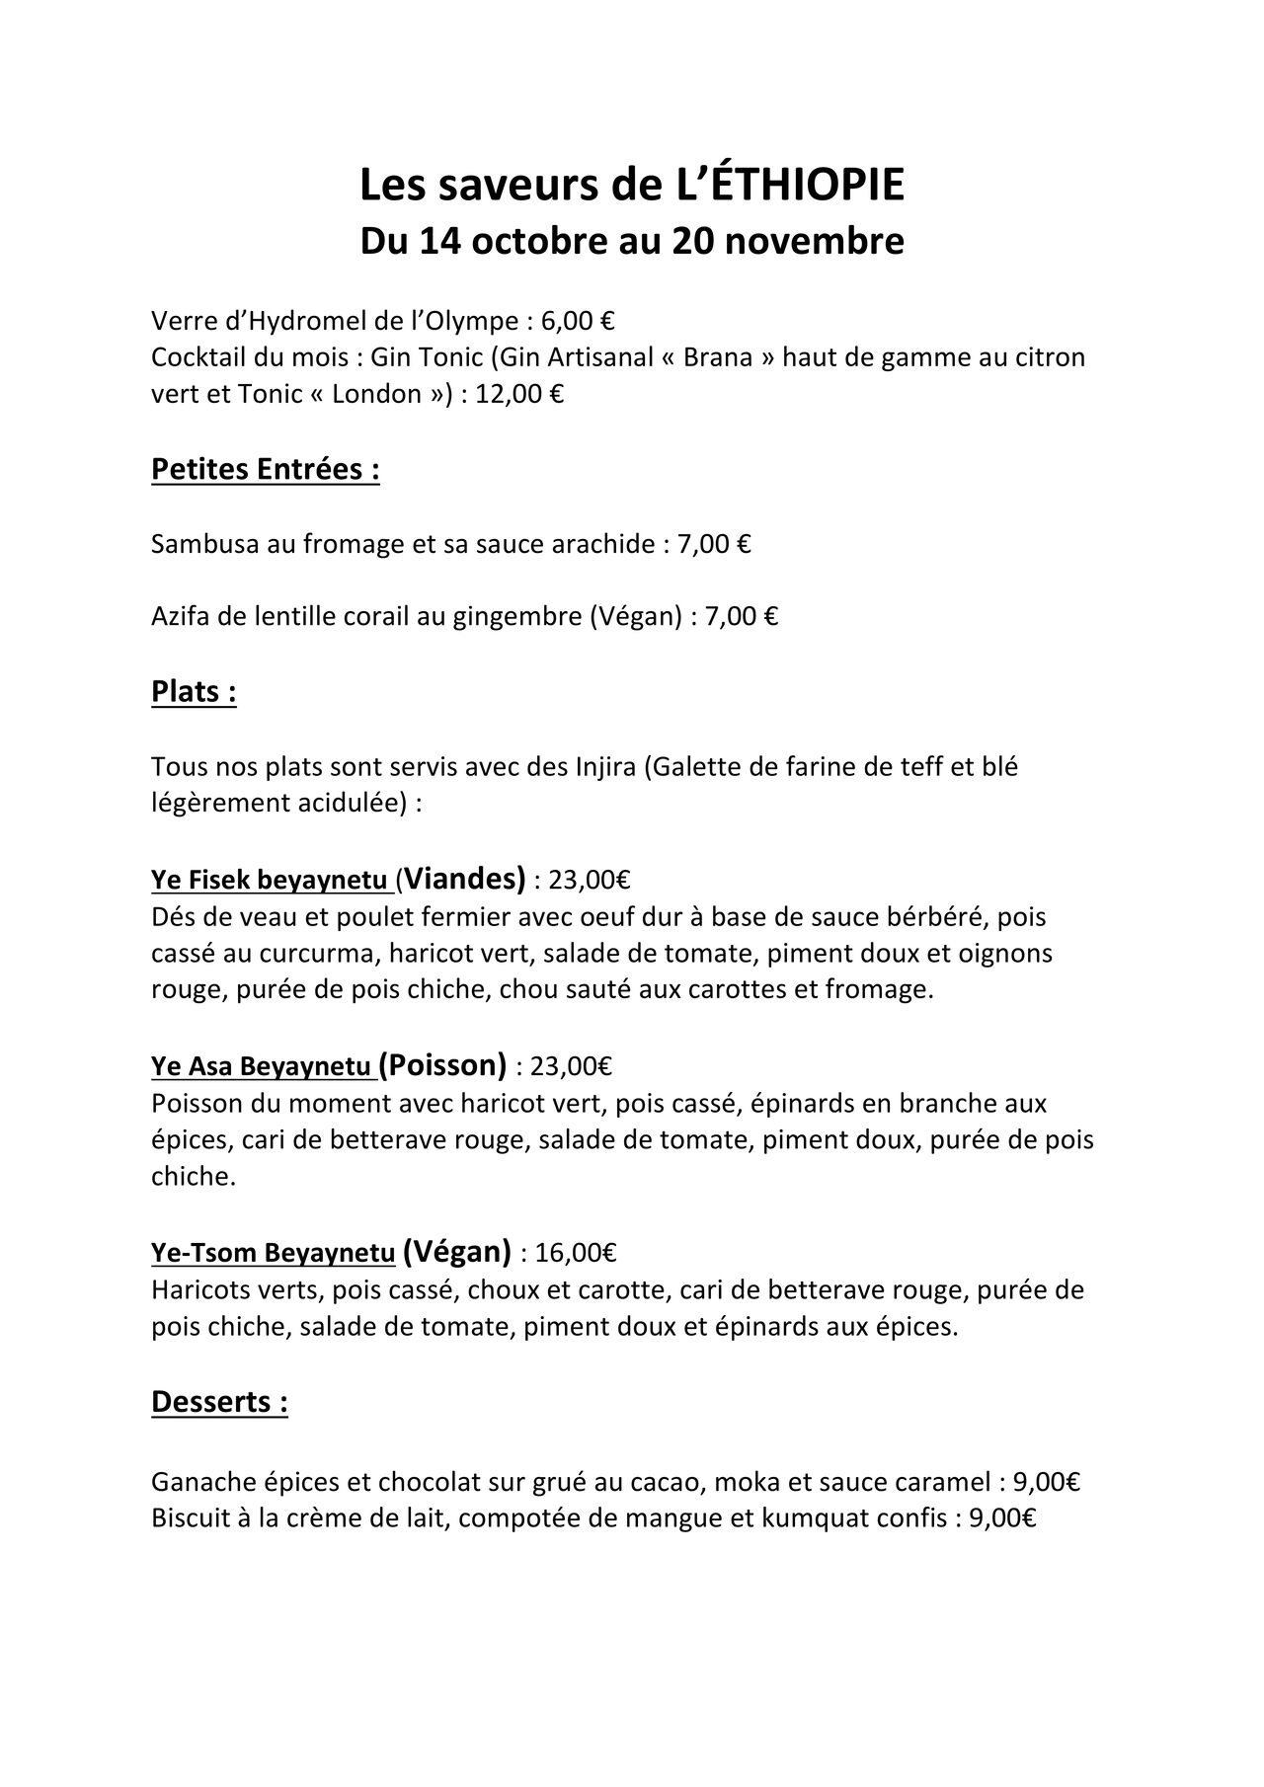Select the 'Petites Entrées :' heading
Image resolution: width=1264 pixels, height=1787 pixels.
click(266, 470)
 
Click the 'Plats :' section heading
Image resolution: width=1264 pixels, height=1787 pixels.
click(194, 692)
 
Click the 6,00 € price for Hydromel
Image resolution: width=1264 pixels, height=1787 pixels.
click(579, 321)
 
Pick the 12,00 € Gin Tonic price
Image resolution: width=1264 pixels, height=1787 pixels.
click(519, 394)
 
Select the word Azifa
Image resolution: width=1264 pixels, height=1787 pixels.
click(177, 618)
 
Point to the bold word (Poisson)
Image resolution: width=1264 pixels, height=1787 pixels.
click(442, 1064)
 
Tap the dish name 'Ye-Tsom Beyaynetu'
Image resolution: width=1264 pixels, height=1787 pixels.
click(273, 1253)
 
